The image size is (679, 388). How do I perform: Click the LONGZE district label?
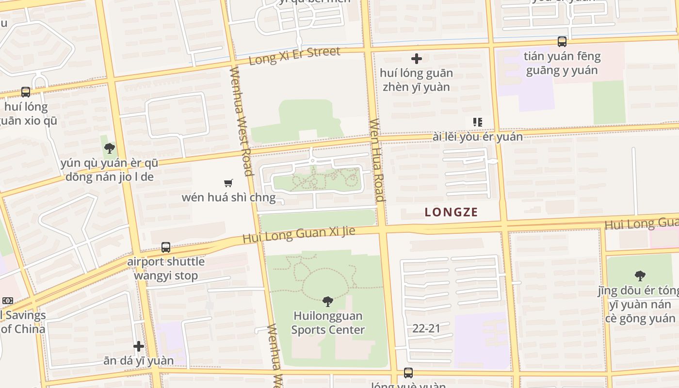(451, 212)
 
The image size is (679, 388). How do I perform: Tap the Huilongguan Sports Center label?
(328, 323)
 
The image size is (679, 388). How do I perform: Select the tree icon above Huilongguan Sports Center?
(328, 301)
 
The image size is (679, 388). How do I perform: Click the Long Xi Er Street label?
(294, 56)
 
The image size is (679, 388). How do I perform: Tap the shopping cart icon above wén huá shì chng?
(228, 183)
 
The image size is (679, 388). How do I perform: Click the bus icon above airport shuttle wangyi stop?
(166, 247)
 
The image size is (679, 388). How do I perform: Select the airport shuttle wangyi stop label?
(166, 269)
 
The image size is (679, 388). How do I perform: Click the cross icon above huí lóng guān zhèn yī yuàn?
(416, 59)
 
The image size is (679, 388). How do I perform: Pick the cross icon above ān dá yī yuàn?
(139, 346)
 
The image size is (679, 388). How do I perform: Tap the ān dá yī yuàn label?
(139, 360)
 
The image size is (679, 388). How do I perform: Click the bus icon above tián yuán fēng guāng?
(562, 42)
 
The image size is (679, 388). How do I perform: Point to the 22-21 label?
(426, 328)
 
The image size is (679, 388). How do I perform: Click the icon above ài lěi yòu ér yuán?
(478, 122)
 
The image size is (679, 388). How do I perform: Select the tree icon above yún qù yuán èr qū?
(110, 148)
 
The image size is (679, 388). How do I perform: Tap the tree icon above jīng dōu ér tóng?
(640, 276)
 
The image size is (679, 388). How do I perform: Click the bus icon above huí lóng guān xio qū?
(26, 92)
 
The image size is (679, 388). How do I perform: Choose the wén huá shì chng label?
(228, 197)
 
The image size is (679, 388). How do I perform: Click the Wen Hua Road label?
(377, 160)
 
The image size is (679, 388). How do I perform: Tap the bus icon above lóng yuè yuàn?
(408, 372)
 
